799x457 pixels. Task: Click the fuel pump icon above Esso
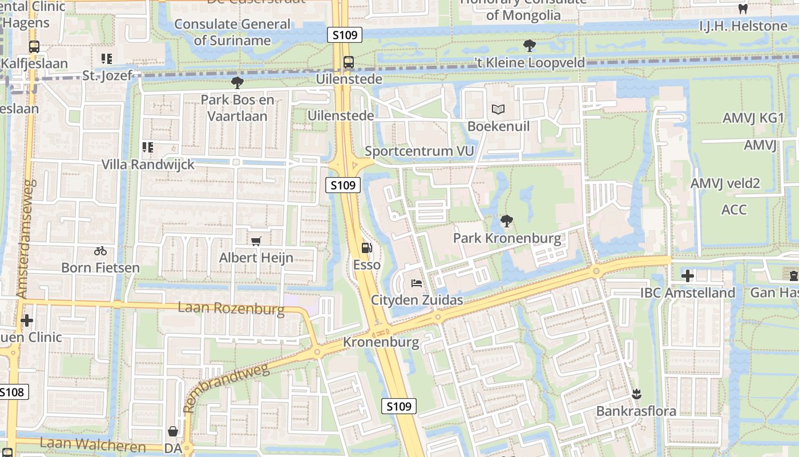(x=366, y=248)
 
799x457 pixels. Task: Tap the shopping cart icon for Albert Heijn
(x=256, y=242)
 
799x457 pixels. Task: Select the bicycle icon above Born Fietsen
(x=100, y=251)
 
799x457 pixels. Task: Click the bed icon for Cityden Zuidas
(x=417, y=283)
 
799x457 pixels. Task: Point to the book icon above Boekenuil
(x=498, y=109)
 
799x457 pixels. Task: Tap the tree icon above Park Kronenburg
(x=506, y=221)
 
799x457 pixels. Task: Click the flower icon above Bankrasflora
(x=636, y=394)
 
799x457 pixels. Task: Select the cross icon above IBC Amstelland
(x=687, y=276)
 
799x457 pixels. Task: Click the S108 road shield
(x=12, y=392)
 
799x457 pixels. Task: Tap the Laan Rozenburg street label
(x=231, y=309)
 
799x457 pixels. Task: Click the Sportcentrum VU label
(x=419, y=151)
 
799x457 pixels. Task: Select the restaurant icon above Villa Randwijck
(x=148, y=148)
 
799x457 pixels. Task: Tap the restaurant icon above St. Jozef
(x=107, y=59)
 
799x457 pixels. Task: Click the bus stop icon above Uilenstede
(x=348, y=62)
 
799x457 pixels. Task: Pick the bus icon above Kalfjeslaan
(x=34, y=47)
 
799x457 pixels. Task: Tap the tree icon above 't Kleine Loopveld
(x=530, y=46)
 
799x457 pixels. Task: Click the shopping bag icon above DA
(x=173, y=431)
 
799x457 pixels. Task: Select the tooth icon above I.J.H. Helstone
(x=742, y=9)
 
